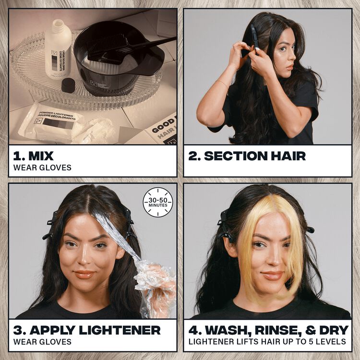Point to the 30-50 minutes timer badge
pos(158,202)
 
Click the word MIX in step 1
pos(41,156)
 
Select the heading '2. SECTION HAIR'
pos(247,156)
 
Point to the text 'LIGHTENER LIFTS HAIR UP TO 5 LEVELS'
pos(267,342)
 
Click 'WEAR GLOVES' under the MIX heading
pos(43,168)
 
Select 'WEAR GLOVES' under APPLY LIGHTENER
pos(43,342)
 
